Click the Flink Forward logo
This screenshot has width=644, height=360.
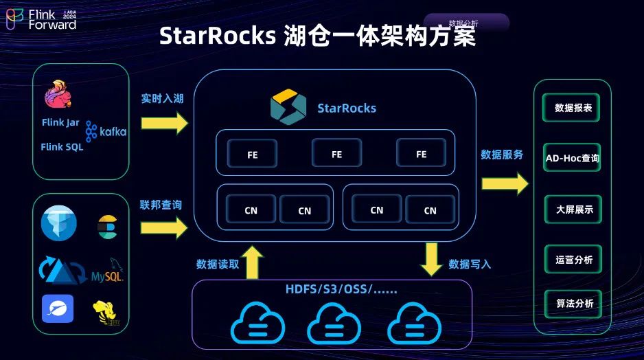click(x=41, y=19)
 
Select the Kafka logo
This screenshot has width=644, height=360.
click(x=106, y=131)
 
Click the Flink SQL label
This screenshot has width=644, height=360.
click(x=62, y=147)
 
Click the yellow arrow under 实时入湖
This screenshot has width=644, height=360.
click(x=164, y=123)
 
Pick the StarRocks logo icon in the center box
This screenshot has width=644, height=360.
click(x=288, y=107)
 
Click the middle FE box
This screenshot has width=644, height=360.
click(x=336, y=154)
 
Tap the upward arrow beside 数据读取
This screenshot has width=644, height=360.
click(x=253, y=263)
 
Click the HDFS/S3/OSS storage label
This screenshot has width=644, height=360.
click(x=341, y=289)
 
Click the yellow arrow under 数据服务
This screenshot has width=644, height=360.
click(x=505, y=183)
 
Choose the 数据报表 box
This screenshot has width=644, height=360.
click(x=573, y=109)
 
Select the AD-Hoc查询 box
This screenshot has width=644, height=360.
click(x=572, y=158)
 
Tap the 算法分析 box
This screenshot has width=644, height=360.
click(x=573, y=303)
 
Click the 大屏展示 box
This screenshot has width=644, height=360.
click(x=573, y=210)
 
